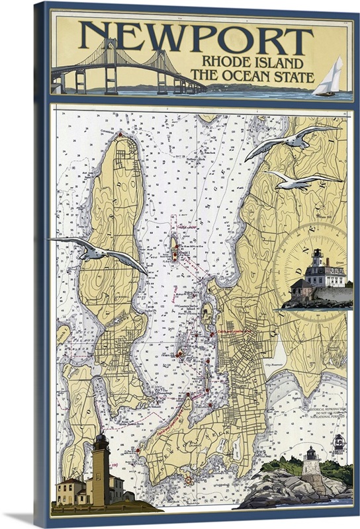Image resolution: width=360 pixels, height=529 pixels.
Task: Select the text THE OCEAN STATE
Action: click(x=251, y=77)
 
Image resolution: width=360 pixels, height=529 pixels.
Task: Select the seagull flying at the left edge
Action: click(x=99, y=252)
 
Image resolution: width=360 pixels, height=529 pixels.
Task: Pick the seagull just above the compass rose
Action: click(x=303, y=181)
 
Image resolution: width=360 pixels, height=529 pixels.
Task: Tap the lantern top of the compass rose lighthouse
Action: click(x=316, y=255)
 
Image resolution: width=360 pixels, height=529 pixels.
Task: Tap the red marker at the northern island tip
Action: click(x=120, y=135)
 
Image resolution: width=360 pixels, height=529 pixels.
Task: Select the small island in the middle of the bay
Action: click(x=175, y=250)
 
